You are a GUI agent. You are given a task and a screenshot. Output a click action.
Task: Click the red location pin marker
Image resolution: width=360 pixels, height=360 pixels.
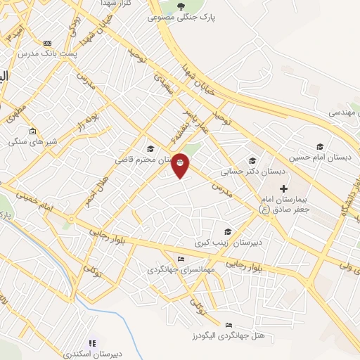pos(181,165)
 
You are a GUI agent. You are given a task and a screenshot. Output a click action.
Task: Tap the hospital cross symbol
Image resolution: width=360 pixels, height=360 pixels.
pos(284,188)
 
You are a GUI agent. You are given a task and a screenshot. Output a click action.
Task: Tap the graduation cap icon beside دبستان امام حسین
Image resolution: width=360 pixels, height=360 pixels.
pos(321,146)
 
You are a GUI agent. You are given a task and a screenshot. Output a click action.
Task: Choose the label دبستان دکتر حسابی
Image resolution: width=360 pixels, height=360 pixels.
pos(253,171)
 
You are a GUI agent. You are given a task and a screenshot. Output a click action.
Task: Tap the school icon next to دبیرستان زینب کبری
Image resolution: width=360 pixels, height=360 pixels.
pos(227,232)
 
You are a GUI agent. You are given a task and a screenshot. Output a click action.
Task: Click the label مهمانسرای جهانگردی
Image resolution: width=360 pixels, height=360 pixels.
pos(176,269)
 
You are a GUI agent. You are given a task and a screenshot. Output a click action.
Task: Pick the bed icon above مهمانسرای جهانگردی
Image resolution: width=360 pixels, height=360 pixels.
pos(182,259)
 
